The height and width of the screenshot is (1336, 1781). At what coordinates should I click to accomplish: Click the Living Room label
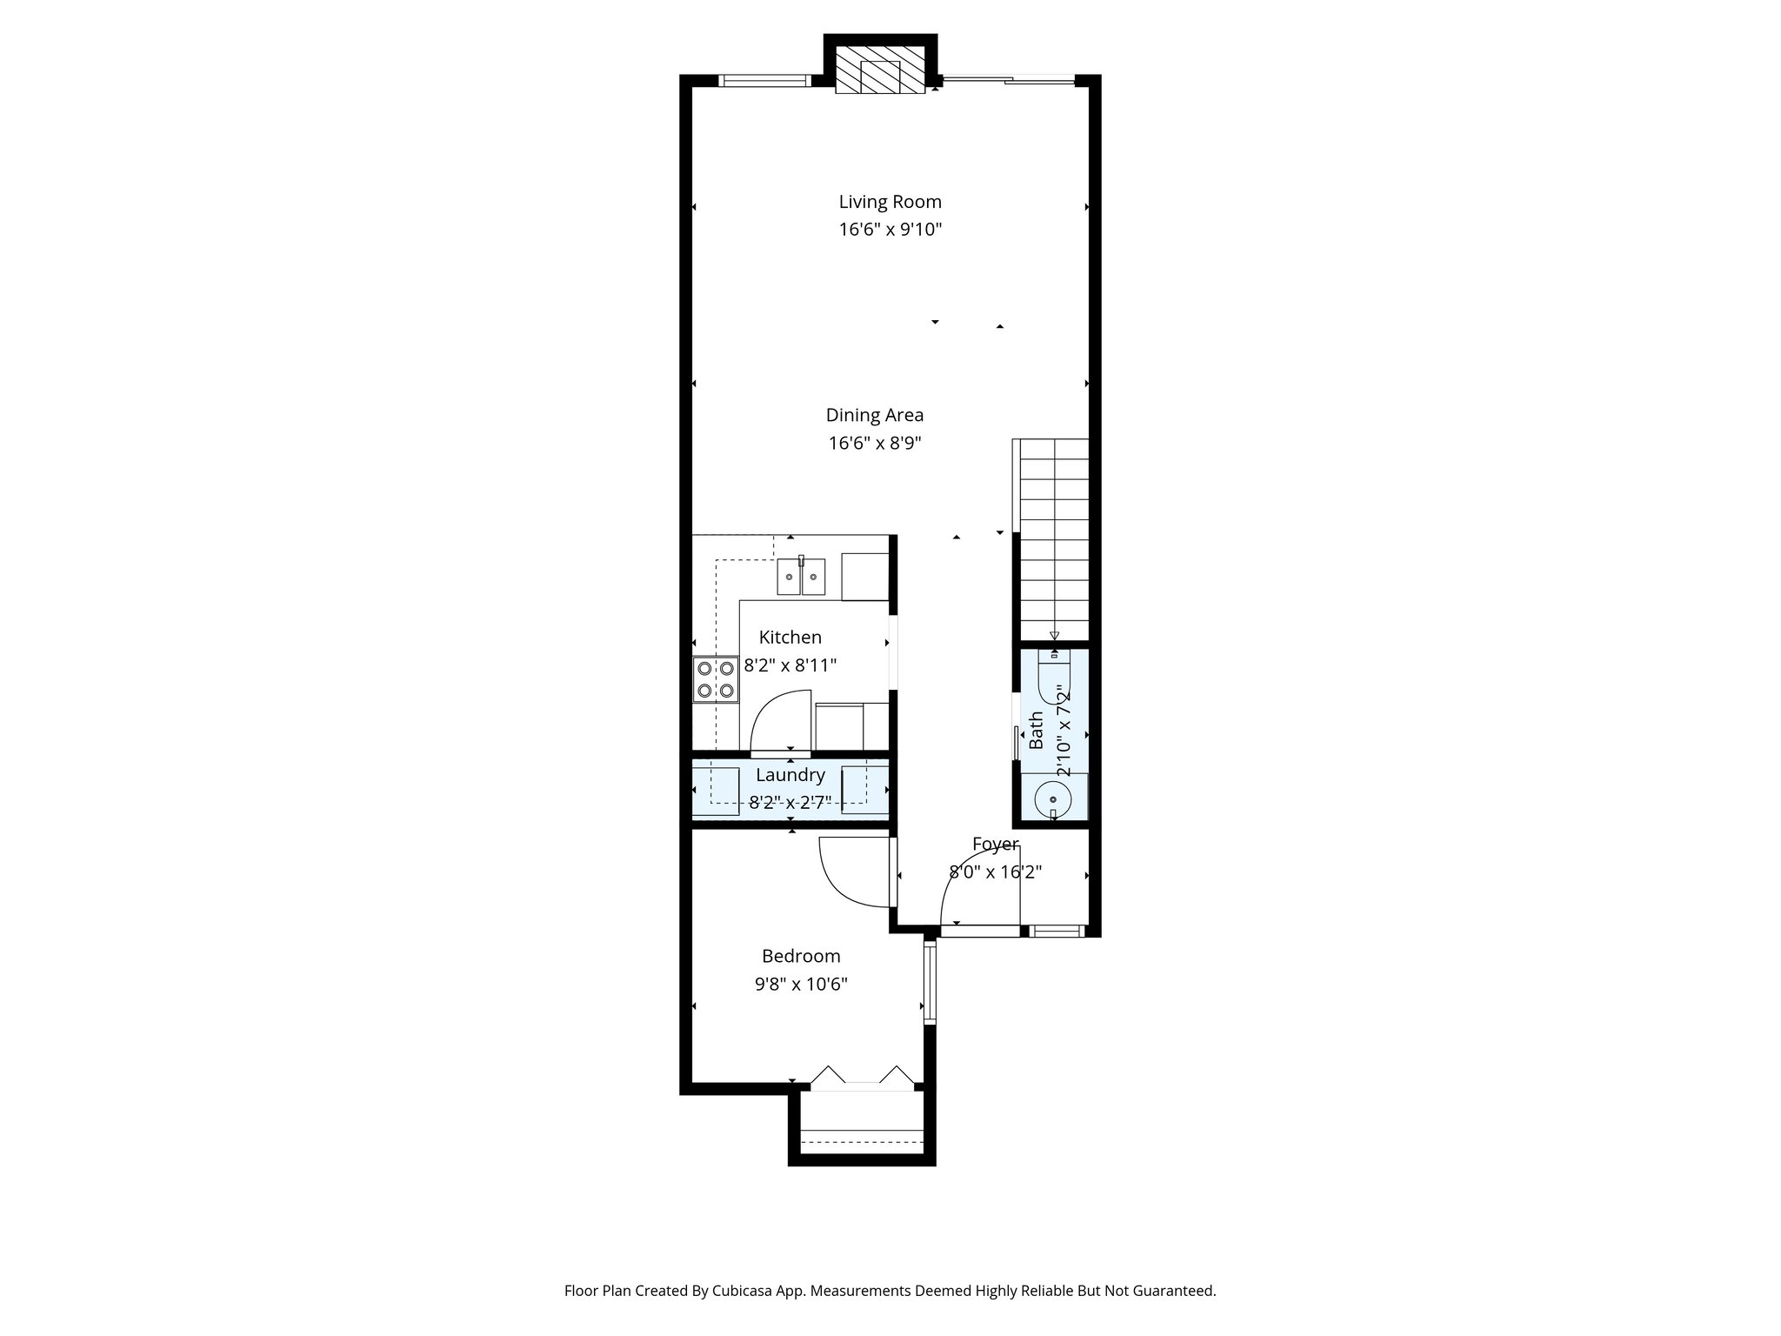coord(890,202)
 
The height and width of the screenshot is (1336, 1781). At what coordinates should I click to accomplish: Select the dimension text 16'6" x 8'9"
coord(874,444)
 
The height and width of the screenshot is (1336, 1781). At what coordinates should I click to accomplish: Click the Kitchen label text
coord(790,638)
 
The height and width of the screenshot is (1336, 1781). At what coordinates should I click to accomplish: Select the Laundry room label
coord(790,775)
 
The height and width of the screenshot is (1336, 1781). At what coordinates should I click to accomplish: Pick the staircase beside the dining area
coord(1053,539)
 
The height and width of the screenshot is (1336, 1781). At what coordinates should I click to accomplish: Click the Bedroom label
coord(801,957)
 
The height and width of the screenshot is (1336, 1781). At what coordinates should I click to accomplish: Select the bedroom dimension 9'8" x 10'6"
coord(801,985)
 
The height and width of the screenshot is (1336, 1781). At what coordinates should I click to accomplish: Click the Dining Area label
coord(874,416)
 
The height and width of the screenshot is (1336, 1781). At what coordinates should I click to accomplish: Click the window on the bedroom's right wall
coord(930,983)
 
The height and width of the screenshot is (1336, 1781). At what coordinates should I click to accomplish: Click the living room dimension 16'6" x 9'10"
coord(890,230)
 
